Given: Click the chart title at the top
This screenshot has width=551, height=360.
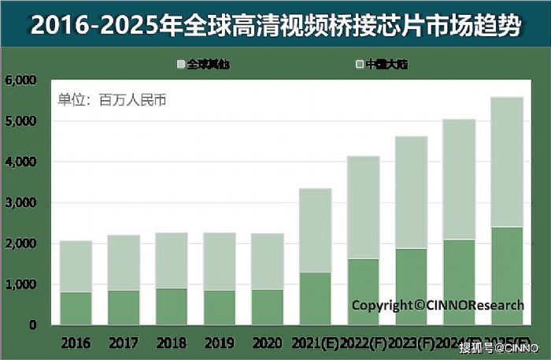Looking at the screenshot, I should coord(275,25).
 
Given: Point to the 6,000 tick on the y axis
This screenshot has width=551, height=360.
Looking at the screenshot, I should coord(20,80).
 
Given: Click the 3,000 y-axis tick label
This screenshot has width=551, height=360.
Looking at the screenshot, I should coord(20,202).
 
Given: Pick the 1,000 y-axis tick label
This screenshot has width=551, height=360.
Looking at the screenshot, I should coord(20,284).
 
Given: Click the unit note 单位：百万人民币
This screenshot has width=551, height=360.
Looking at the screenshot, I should coord(112,100).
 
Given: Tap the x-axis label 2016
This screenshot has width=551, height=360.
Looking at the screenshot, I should coord(76,344).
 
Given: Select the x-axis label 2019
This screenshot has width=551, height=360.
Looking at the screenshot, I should coord(220,344).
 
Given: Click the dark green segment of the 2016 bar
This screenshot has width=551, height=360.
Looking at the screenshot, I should coord(76,308).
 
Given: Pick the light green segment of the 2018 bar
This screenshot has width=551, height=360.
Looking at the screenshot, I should coord(172,261).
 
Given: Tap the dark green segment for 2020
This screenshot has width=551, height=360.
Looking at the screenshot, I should coord(267,307).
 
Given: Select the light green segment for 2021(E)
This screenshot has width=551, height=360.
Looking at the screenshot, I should coord(315,231).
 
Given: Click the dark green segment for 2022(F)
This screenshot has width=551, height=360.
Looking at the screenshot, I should coord(363,291).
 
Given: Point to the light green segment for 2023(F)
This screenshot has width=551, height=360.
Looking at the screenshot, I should coord(411,193).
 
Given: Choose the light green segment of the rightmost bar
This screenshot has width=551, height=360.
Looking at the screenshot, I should coord(506,162).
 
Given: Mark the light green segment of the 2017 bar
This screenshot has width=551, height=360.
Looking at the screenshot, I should coord(124,262).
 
